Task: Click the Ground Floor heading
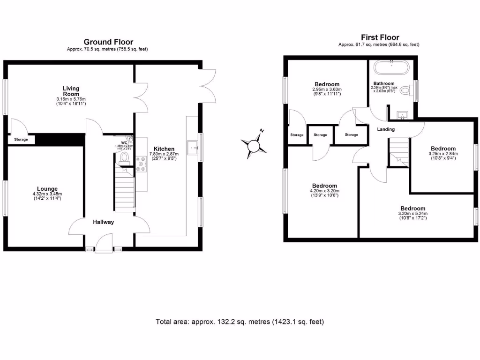pyautogui.click(x=108, y=42)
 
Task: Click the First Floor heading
pyautogui.click(x=380, y=37)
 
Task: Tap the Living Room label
pyautogui.click(x=71, y=91)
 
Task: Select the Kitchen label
pyautogui.click(x=164, y=149)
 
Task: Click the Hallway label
pyautogui.click(x=103, y=222)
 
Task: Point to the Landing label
pyautogui.click(x=386, y=129)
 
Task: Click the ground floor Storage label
pyautogui.click(x=21, y=140)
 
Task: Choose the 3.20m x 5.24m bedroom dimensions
pyautogui.click(x=412, y=214)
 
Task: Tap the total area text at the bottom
pyautogui.click(x=240, y=322)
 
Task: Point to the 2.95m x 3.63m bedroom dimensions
pyautogui.click(x=327, y=90)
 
